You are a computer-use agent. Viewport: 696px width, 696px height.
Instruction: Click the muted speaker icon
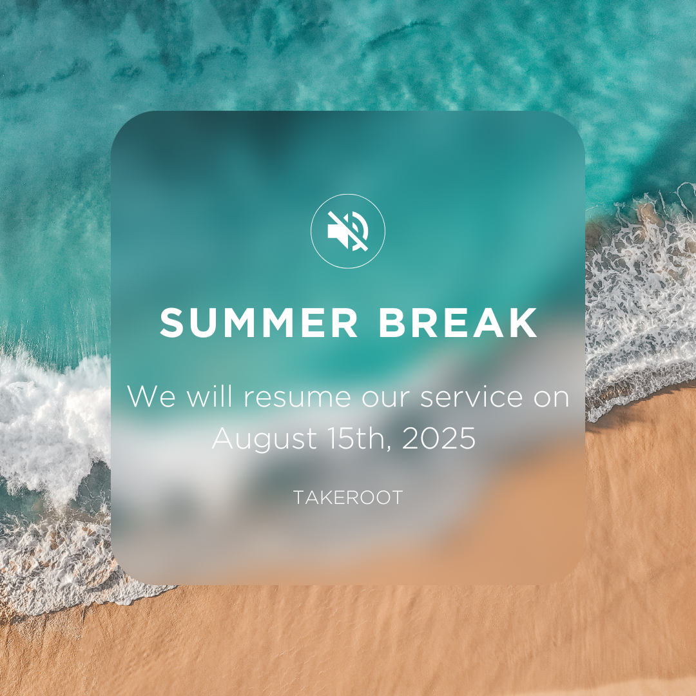tap(348, 231)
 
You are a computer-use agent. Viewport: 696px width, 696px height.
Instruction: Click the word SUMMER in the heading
tap(259, 323)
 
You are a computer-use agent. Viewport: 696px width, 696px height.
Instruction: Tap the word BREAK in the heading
tap(458, 323)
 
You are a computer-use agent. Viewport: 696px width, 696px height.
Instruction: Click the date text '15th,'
tap(360, 439)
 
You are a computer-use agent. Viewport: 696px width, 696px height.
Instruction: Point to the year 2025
tap(439, 439)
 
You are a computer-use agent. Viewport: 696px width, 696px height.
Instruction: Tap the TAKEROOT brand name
tap(348, 498)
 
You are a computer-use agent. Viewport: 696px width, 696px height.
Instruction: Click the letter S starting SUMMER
tap(171, 323)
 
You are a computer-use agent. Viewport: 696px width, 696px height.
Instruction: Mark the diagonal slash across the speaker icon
tap(348, 231)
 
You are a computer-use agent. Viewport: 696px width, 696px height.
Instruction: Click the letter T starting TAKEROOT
tap(299, 498)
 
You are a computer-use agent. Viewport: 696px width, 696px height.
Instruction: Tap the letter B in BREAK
tap(391, 323)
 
